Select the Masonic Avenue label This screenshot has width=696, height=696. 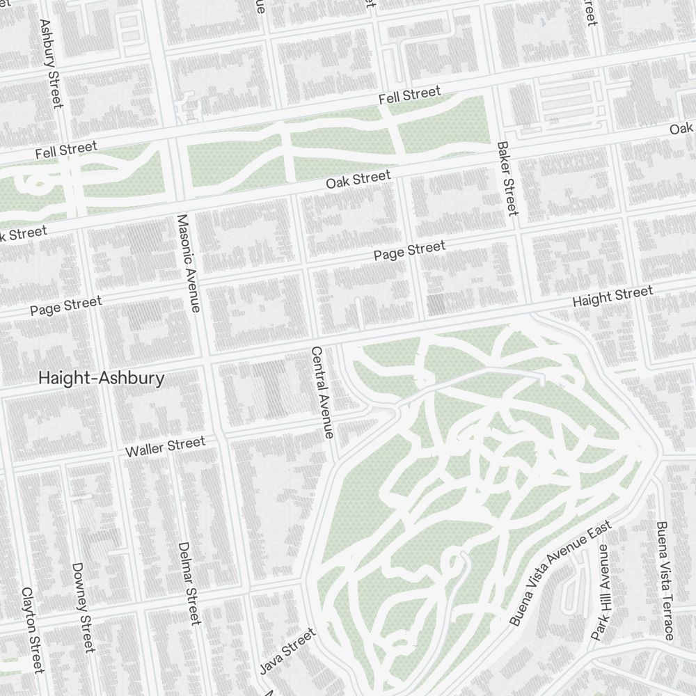189,262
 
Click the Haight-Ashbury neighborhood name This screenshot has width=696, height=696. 102,378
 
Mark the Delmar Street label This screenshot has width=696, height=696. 189,583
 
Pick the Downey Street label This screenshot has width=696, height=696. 82,608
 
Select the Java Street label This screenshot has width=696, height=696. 287,651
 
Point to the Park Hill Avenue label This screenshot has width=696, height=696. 600,592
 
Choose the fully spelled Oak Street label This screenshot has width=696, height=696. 358,180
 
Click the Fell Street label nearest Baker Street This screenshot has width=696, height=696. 409,96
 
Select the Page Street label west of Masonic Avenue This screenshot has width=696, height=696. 65,306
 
